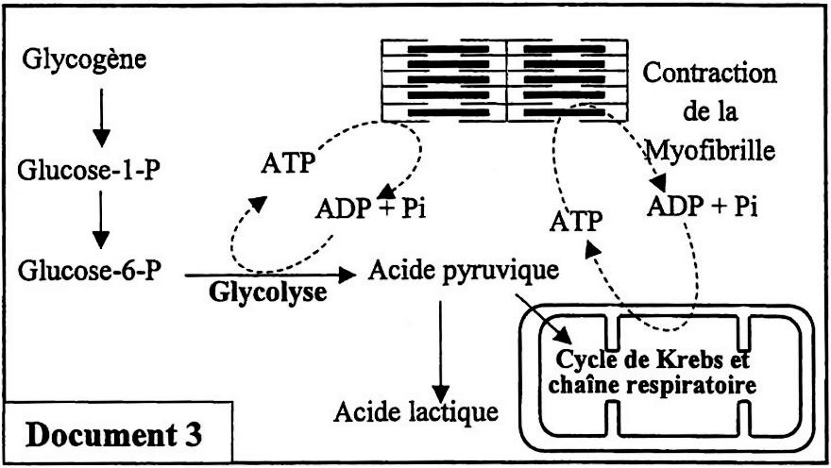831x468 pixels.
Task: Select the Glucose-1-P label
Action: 86,173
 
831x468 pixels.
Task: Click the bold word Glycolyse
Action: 269,292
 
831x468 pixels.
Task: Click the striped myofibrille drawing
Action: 508,80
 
